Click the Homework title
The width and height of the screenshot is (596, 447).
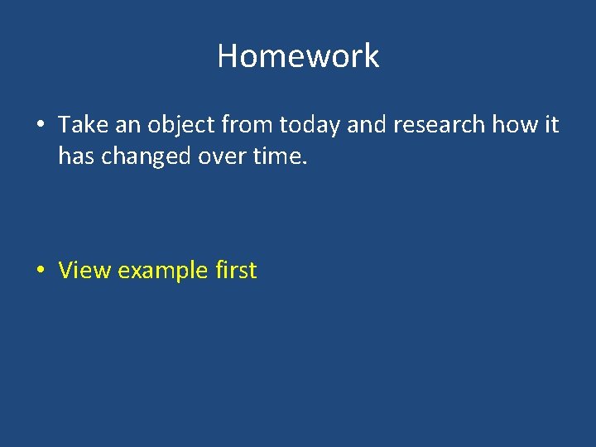coord(298,56)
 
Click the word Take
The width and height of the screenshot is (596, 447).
coord(79,125)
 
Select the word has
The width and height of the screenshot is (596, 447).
coord(76,156)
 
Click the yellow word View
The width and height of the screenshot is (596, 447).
coord(85,271)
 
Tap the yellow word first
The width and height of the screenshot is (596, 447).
coord(236,271)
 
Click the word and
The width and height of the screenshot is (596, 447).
coord(363,125)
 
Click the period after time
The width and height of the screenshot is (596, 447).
coord(305,162)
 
